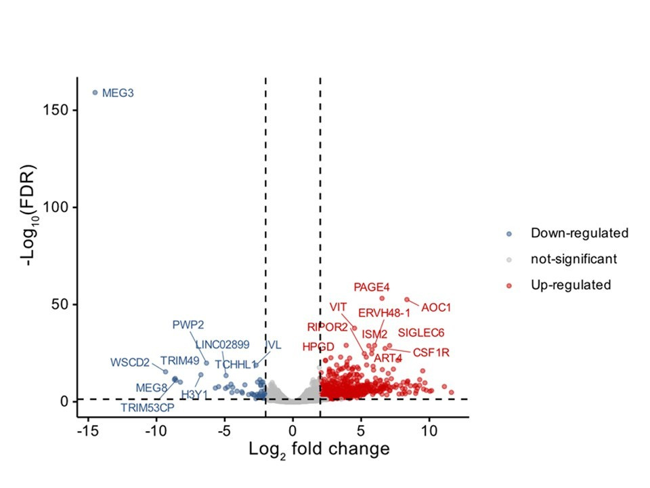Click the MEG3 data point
point(95,92)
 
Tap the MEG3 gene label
point(118,93)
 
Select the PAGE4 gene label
point(372,287)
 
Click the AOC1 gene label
point(436,308)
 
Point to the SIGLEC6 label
point(421,333)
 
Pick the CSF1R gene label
point(431,352)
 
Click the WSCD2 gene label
point(130,363)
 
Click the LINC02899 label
point(222,344)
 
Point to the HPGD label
point(318,347)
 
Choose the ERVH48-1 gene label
point(385,313)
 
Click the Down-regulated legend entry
point(580,233)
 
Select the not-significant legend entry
point(573,259)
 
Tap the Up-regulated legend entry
point(571,285)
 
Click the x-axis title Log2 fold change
point(319,449)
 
